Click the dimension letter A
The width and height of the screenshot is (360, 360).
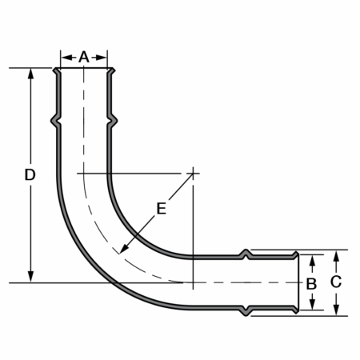point(84,57)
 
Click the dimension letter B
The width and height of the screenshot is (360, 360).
point(311,284)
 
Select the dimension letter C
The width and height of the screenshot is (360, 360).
point(336,282)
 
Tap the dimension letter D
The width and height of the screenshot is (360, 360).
point(30,175)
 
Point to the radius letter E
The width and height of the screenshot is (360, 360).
point(162,209)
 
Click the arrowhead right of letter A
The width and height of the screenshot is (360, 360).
point(102,58)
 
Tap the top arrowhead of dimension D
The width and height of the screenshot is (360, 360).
point(31,74)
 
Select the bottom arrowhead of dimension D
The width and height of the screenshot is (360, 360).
point(31,277)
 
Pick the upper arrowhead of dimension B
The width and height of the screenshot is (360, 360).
point(313,260)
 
